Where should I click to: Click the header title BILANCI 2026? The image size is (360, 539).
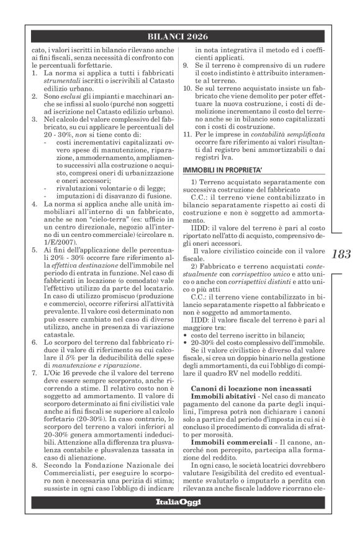pyautogui.click(x=180, y=37)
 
